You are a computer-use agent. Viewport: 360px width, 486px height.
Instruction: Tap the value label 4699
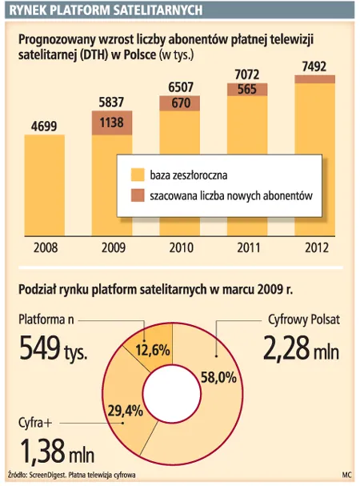coord(49,125)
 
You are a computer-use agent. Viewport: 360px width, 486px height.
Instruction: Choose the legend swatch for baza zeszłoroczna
coord(136,174)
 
